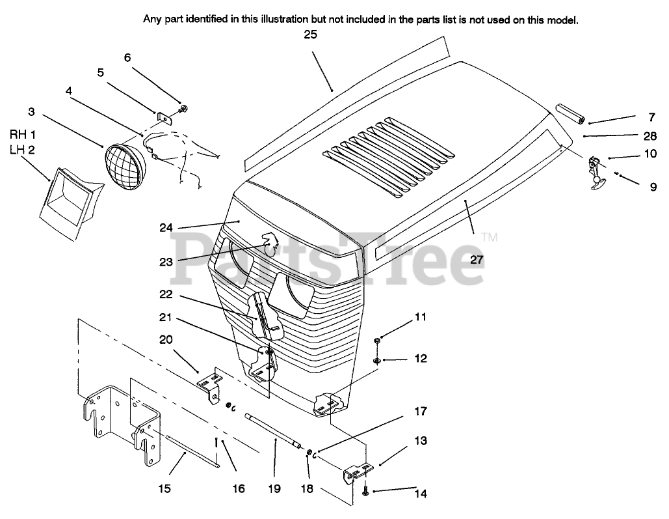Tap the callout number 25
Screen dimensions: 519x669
310,35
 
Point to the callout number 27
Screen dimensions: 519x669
478,259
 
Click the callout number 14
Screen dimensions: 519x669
421,494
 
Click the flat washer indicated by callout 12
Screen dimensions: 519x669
377,359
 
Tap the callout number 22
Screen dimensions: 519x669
166,294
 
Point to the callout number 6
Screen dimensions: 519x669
127,57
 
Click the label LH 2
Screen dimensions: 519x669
23,149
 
